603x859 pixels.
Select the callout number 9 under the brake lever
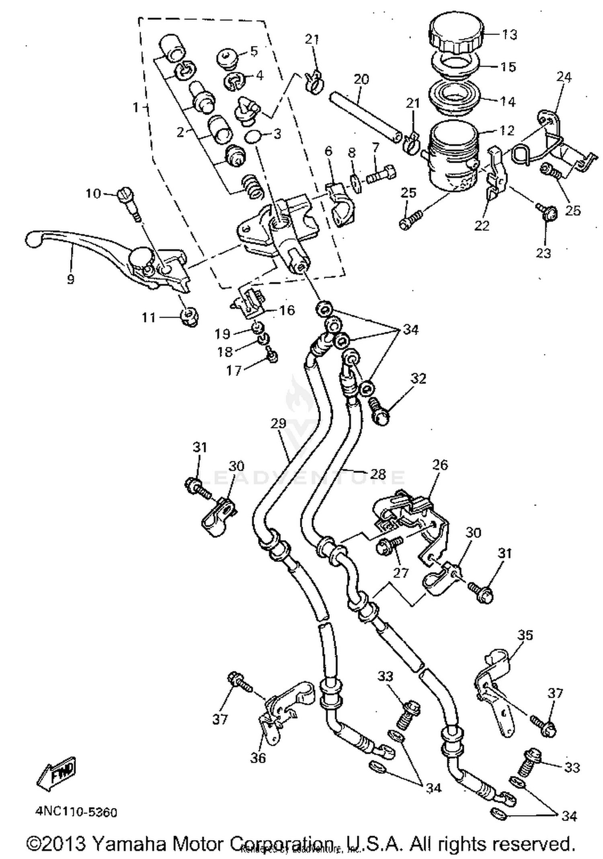pyautogui.click(x=71, y=279)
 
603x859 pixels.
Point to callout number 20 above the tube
pyautogui.click(x=361, y=79)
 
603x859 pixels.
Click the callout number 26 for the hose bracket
pyautogui.click(x=440, y=465)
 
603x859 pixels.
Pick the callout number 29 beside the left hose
pyautogui.click(x=278, y=423)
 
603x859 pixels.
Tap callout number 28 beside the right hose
pyautogui.click(x=377, y=474)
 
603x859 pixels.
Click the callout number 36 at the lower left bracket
pyautogui.click(x=258, y=757)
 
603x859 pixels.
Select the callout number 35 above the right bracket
pyautogui.click(x=525, y=635)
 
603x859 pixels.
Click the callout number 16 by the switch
pyautogui.click(x=287, y=310)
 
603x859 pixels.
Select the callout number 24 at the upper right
pyautogui.click(x=564, y=77)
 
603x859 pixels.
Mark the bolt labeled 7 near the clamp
pyautogui.click(x=380, y=175)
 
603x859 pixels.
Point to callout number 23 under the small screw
pyautogui.click(x=543, y=253)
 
